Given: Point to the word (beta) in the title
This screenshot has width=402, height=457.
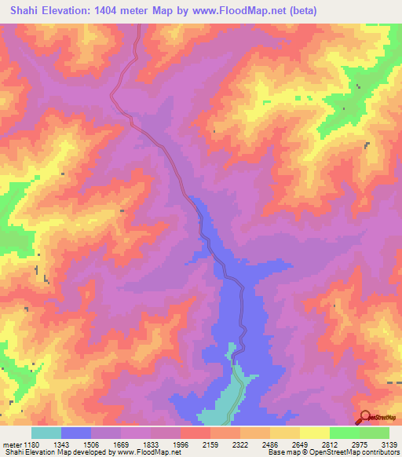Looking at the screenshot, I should click(333, 10).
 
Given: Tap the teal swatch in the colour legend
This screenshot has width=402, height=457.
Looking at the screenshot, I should click(46, 433).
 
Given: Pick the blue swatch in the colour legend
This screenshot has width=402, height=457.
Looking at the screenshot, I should click(76, 433).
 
